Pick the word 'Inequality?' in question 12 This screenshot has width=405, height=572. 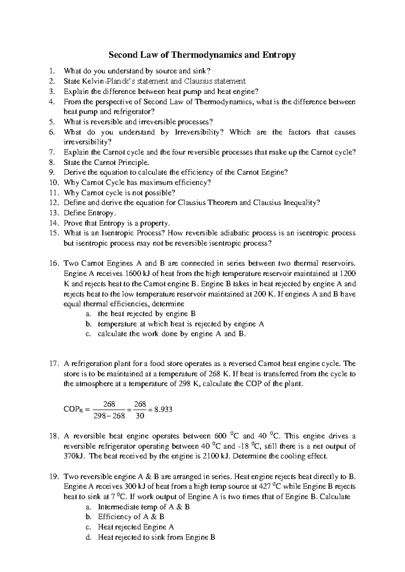tap(301, 203)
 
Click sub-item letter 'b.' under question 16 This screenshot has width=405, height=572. tap(88, 324)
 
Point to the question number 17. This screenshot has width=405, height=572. tap(53, 364)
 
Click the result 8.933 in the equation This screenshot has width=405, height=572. tap(163, 409)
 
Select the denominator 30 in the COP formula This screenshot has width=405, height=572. tap(140, 416)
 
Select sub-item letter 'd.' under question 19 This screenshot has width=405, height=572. tap(88, 537)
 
